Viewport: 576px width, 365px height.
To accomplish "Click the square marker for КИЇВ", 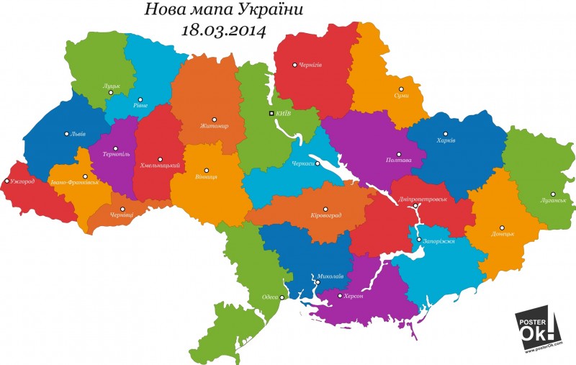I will (x=271, y=114).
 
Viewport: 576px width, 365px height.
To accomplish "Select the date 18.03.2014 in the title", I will (x=224, y=30).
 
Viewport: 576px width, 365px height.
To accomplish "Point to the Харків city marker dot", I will (x=446, y=134).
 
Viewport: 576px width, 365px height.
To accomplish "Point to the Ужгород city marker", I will (x=7, y=181).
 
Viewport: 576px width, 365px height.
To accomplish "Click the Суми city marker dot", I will (x=402, y=89).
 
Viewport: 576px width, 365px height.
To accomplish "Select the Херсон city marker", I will (x=340, y=295).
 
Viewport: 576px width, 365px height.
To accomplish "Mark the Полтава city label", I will (x=398, y=160).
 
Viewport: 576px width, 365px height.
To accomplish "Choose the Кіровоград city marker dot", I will (x=325, y=208).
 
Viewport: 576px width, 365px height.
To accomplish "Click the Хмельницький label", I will (x=159, y=166).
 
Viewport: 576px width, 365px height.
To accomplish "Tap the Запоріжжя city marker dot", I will (x=418, y=239).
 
